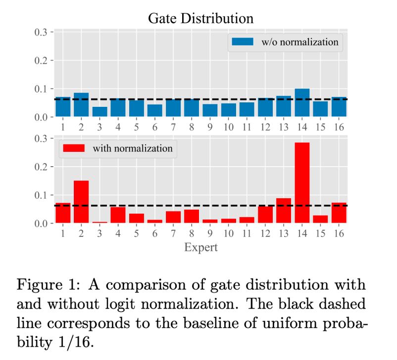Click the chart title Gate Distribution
pos(200,19)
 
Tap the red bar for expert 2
pos(81,202)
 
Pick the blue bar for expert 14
pos(302,103)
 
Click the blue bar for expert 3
pos(99,112)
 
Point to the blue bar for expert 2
pos(81,105)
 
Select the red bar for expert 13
pos(284,211)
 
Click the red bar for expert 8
pos(192,217)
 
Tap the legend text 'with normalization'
pos(133,148)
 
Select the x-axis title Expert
pos(200,247)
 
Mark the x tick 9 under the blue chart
pos(210,127)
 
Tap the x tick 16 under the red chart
pos(339,233)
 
